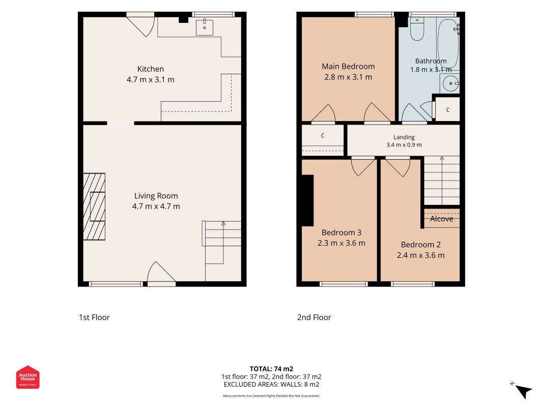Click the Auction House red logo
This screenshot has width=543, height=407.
(x=27, y=377)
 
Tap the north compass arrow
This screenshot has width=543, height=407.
(x=523, y=391)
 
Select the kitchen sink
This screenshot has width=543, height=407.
(x=204, y=27)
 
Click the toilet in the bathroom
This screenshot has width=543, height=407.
(x=417, y=29)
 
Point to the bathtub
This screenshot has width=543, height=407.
(x=448, y=43)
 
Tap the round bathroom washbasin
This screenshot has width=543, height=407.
(x=450, y=83)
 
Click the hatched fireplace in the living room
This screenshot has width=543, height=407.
(x=94, y=207)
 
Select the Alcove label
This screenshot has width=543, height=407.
(x=442, y=219)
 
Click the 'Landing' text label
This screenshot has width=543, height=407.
(x=404, y=137)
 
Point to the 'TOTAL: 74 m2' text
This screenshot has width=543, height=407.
(x=272, y=369)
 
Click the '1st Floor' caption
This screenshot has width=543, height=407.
(x=94, y=317)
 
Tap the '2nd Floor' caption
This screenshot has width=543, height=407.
(x=314, y=317)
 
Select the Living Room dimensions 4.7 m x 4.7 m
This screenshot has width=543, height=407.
(x=156, y=206)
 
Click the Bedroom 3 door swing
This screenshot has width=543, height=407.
(x=362, y=167)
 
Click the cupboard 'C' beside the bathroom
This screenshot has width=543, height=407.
(x=447, y=110)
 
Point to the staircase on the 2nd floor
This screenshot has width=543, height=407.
(x=442, y=180)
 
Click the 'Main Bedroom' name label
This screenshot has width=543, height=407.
(x=348, y=67)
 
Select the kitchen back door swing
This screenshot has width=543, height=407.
(x=140, y=25)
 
